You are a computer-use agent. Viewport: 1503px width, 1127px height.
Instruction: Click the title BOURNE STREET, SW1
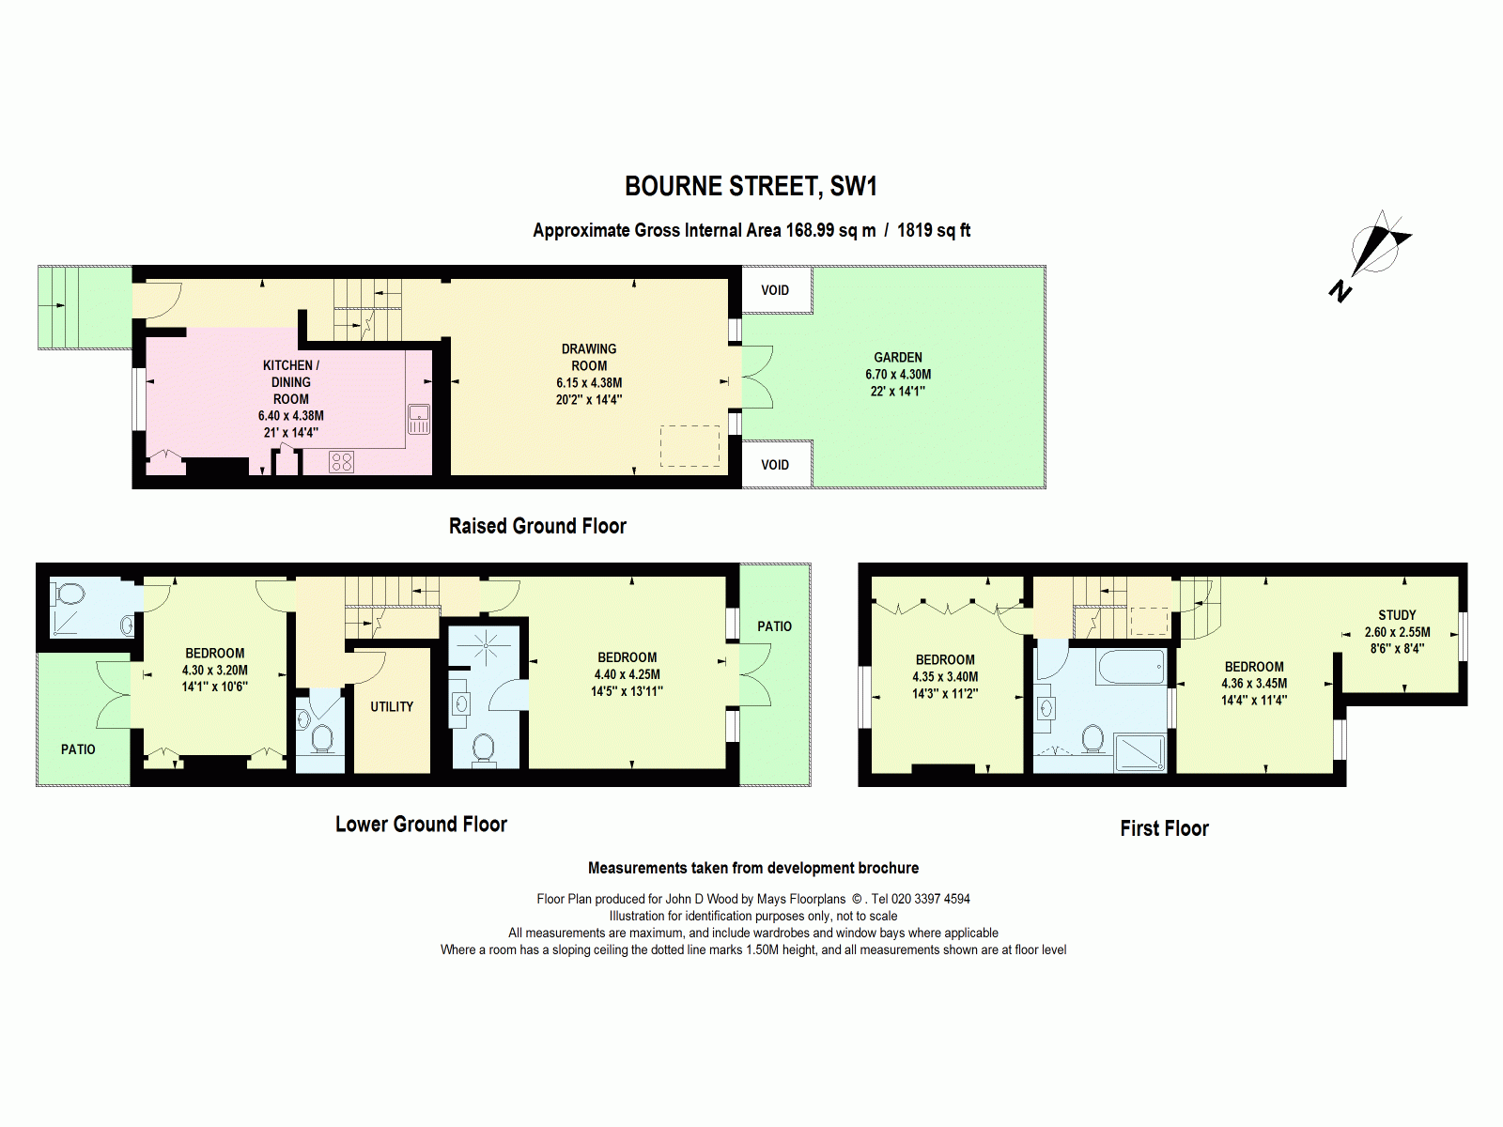tap(751, 186)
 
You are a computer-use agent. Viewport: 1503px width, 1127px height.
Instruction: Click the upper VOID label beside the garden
tap(775, 290)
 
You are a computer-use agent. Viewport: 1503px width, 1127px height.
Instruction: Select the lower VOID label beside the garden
tap(775, 465)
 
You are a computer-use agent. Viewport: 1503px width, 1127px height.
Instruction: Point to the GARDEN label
tap(898, 357)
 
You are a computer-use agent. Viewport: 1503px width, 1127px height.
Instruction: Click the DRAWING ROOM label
tap(589, 357)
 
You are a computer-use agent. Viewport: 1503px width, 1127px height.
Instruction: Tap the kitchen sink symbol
tap(419, 419)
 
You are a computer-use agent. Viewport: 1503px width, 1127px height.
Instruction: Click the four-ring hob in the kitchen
tap(342, 461)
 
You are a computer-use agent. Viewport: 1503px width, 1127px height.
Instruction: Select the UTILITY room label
tap(392, 706)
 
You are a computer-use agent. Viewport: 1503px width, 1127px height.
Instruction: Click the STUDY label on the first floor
tap(1397, 615)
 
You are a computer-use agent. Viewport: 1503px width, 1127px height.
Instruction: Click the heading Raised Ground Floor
tap(537, 526)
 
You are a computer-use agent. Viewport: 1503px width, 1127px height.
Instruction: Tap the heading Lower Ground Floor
tap(421, 825)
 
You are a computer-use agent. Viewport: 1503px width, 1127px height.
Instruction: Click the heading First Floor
tap(1164, 828)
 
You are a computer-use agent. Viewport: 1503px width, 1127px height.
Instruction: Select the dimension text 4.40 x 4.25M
tap(627, 674)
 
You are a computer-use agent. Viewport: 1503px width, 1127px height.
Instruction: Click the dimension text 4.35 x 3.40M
tap(945, 676)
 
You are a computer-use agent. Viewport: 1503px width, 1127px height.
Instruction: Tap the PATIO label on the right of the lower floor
tap(775, 626)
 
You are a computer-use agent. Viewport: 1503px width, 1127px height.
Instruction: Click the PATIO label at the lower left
tap(78, 749)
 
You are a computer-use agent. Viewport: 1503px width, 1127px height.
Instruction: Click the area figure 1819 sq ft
tap(934, 230)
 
